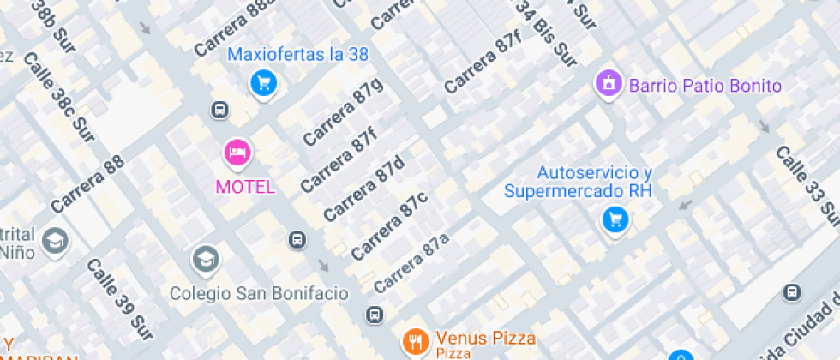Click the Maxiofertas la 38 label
(x=297, y=55)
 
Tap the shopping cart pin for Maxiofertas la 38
(x=263, y=83)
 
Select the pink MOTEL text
(x=245, y=187)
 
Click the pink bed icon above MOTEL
(x=236, y=153)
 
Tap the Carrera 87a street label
(x=411, y=261)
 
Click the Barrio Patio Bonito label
(x=705, y=86)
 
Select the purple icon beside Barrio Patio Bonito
(x=608, y=84)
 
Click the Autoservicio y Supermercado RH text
(x=578, y=182)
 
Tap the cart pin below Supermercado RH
(x=615, y=220)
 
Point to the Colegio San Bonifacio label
(x=259, y=293)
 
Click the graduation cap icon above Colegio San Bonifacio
(x=205, y=257)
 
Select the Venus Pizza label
(x=485, y=337)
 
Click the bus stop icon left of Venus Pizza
(x=375, y=315)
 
